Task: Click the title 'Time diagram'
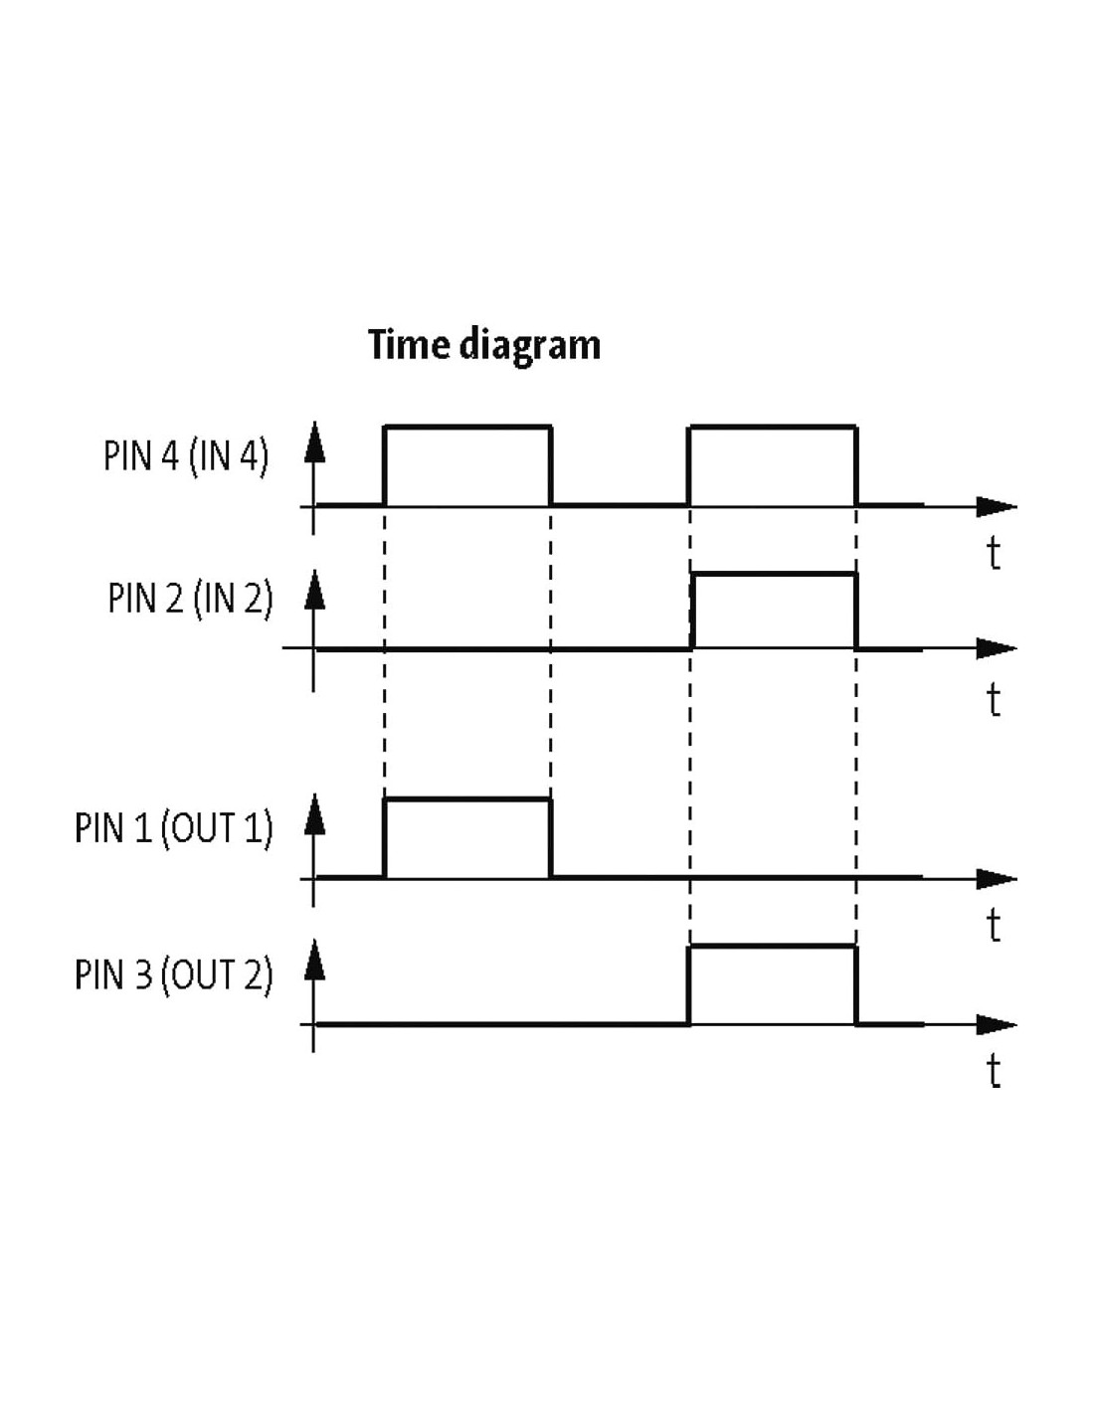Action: (x=483, y=345)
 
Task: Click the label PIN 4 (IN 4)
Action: (x=186, y=455)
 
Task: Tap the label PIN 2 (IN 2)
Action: (x=191, y=598)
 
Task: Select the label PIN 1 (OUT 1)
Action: (x=174, y=827)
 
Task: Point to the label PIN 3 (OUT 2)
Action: (x=174, y=973)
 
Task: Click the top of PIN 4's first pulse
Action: (x=467, y=427)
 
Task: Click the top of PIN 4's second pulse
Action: (x=773, y=427)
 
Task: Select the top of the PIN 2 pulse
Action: (x=774, y=574)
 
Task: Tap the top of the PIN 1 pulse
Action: (x=467, y=799)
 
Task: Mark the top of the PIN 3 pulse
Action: (x=773, y=946)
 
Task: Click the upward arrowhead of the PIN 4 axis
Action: (x=314, y=442)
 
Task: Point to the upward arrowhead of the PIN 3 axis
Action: (x=314, y=961)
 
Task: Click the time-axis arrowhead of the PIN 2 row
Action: (x=997, y=648)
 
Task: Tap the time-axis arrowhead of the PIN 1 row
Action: (x=997, y=879)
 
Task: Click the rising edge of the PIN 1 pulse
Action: (x=384, y=838)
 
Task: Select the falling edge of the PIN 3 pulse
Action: (x=856, y=984)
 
